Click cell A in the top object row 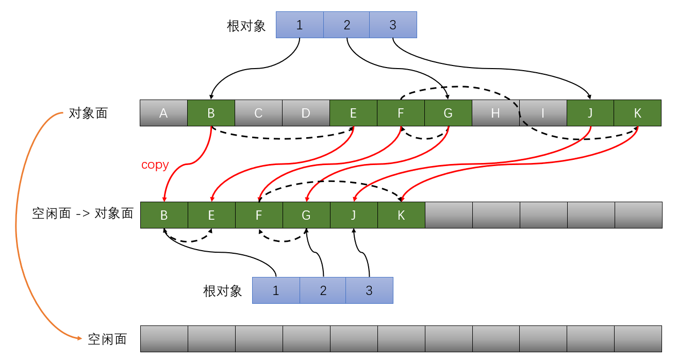pos(163,113)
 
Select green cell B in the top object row pos(211,113)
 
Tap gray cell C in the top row pos(258,113)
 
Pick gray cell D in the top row pos(306,113)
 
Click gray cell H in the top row pos(495,113)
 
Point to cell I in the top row pos(543,113)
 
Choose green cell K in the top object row pos(638,113)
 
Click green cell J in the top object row pos(590,113)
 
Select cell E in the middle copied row pos(211,215)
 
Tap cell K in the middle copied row pos(401,215)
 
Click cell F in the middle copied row pos(259,215)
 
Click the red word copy pos(155,165)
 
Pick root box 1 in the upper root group pos(300,25)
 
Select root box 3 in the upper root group pos(393,25)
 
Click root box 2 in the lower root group pos(323,290)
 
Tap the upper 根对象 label pos(246,26)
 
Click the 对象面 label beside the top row pos(88,113)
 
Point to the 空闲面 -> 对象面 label pos(82,214)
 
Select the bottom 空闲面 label pos(107,339)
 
